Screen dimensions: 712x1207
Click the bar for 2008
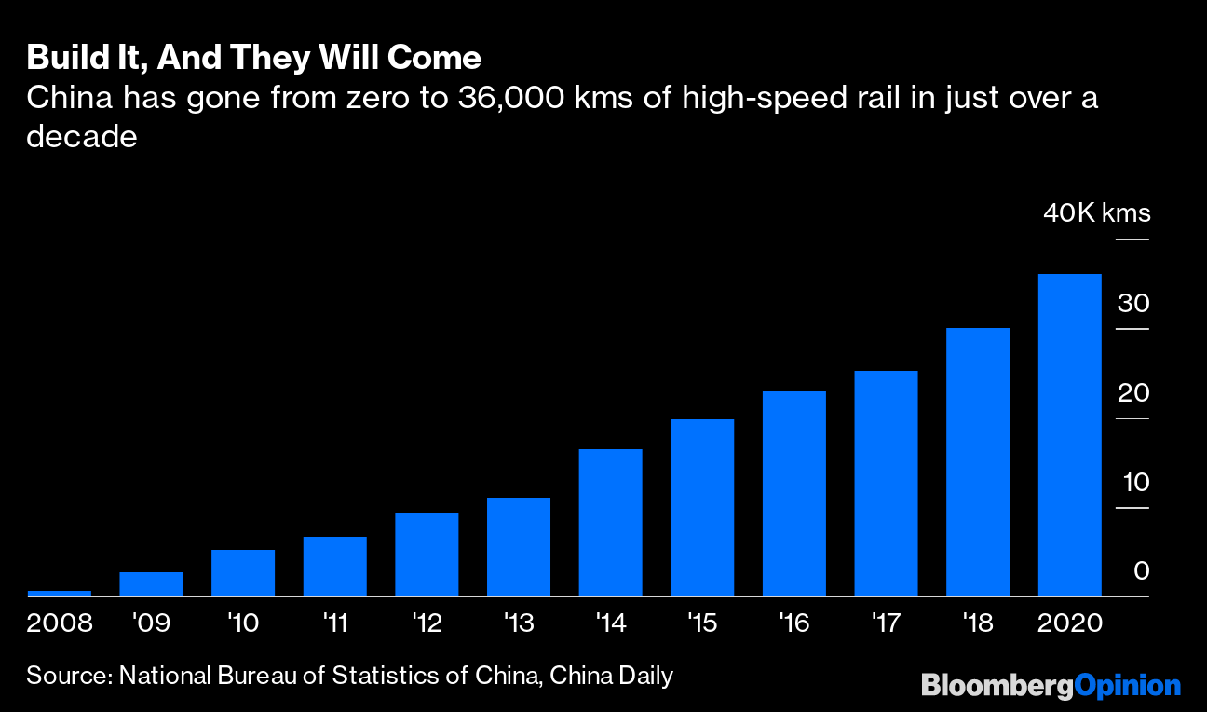[60, 593]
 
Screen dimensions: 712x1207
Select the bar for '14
[610, 522]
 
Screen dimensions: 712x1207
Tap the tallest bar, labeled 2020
[1069, 434]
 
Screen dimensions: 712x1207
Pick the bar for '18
[977, 461]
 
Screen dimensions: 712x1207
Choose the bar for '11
[334, 566]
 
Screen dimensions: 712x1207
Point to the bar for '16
[793, 493]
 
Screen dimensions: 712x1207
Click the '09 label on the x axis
[151, 623]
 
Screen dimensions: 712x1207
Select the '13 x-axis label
[519, 623]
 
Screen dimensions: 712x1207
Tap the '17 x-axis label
[886, 623]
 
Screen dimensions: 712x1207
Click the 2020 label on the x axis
[1069, 623]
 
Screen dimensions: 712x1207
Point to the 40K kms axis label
[1096, 213]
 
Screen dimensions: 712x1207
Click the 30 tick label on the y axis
[1134, 304]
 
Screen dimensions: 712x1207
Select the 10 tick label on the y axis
[1134, 483]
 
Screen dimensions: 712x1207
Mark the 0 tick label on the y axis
[1141, 571]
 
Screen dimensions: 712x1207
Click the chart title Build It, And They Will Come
[253, 58]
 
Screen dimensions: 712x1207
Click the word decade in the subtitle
[82, 137]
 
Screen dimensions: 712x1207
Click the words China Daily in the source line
[611, 676]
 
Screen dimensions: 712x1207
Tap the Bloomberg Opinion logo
[1051, 686]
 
